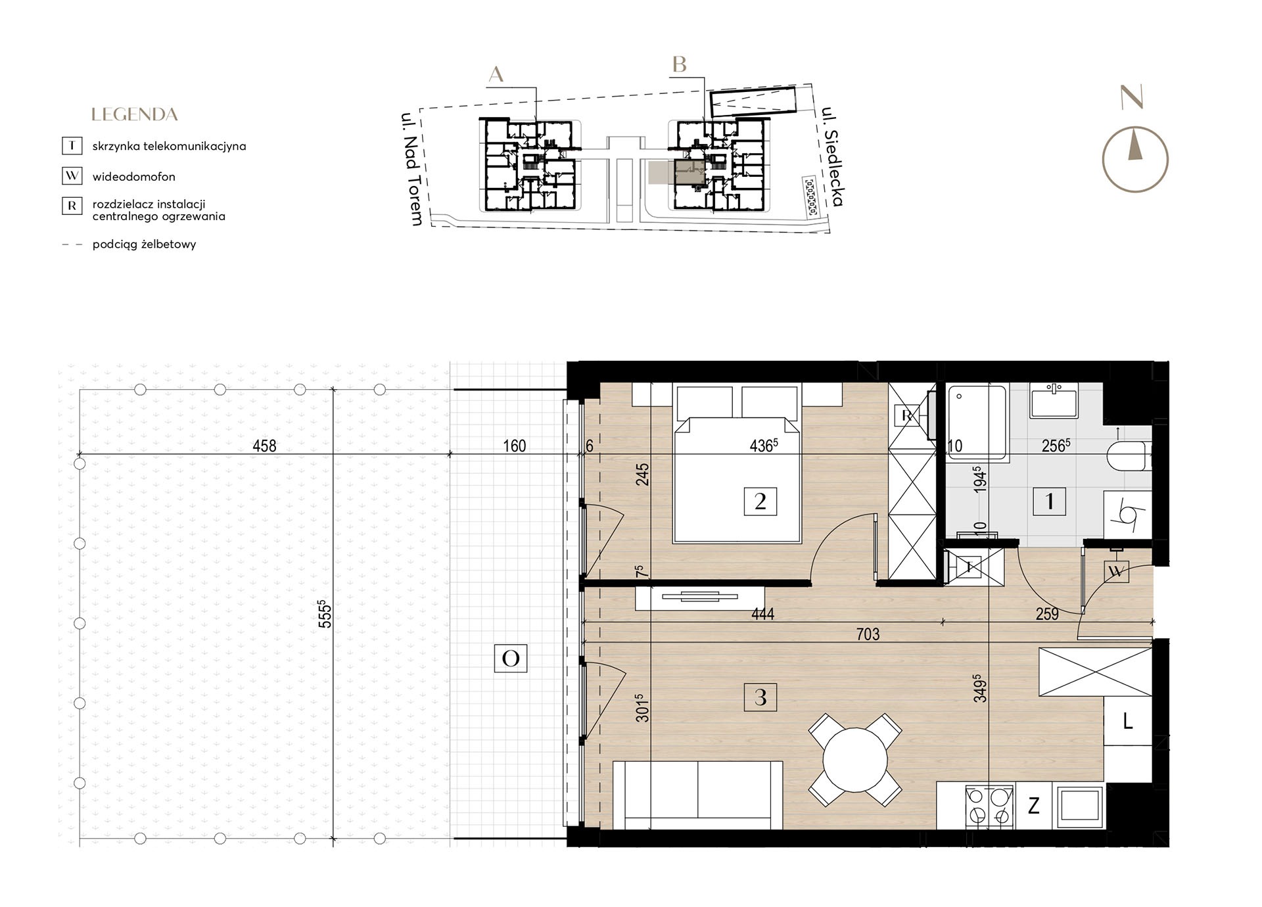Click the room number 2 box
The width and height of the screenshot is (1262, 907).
tap(760, 501)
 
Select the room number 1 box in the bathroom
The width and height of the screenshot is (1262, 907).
tap(1050, 501)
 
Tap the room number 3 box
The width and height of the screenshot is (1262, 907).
tap(760, 697)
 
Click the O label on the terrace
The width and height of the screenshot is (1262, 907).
tap(511, 658)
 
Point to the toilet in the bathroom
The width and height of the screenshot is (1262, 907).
tap(1130, 455)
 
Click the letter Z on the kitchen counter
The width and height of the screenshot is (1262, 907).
tap(1034, 805)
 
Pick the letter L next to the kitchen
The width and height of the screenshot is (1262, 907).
tap(1128, 722)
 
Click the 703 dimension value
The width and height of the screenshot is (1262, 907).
tap(868, 634)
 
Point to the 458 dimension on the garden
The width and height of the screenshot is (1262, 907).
tap(264, 446)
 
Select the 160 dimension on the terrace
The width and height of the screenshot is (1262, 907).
tap(514, 446)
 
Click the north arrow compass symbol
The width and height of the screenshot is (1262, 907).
tap(1134, 159)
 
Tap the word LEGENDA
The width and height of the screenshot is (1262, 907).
tap(135, 114)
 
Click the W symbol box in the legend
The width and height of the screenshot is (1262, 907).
tap(72, 176)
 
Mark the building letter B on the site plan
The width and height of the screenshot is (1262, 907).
tap(680, 64)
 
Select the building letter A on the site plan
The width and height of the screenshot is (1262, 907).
tap(496, 74)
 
